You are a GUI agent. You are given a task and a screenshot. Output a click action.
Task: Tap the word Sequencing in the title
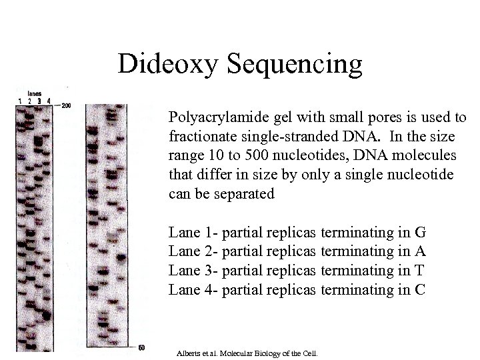click(296, 64)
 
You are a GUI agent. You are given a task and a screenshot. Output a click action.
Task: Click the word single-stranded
click(284, 138)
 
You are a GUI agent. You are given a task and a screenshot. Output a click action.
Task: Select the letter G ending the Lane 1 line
click(420, 233)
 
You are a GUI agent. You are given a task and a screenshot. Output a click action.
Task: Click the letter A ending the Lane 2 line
click(420, 252)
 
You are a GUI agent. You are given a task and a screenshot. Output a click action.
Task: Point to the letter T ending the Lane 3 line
click(420, 271)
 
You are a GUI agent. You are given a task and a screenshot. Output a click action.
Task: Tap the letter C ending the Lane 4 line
click(420, 289)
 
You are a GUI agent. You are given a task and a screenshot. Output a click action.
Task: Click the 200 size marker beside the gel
click(65, 105)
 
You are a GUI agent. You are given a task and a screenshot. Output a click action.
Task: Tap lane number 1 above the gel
click(19, 101)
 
